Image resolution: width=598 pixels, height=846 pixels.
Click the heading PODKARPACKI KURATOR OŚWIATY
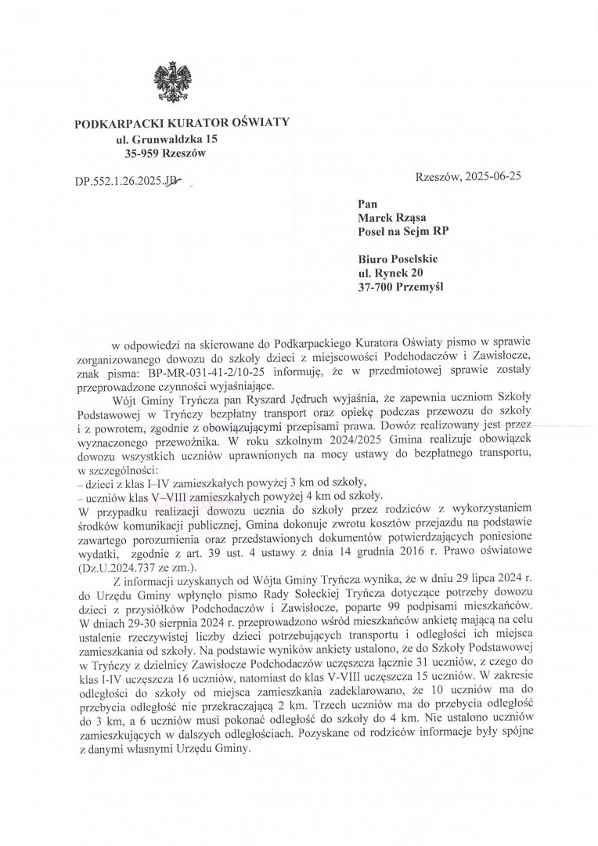tap(182, 123)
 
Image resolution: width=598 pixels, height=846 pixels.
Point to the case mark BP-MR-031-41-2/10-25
tap(214, 373)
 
